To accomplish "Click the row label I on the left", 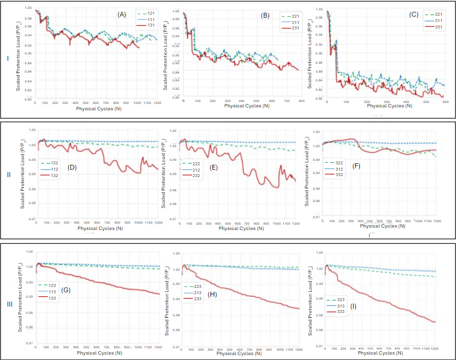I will click(7, 58).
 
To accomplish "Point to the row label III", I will click(9, 304).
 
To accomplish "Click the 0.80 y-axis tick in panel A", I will click(29, 99).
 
